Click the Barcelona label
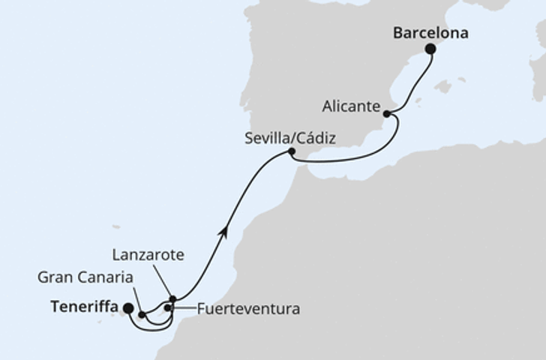coord(430,33)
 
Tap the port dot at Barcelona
coord(430,49)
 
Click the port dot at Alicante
coord(386,114)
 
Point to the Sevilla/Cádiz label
coord(289,138)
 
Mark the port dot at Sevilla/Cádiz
coord(291,152)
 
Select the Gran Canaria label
coord(85,277)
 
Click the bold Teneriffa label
coord(84,307)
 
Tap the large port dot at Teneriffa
coord(127,307)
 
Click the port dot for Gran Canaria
coord(141,315)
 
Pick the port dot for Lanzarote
coord(172,298)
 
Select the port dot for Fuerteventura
coord(168,307)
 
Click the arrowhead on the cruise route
coord(223,233)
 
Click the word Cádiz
coord(316,138)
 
